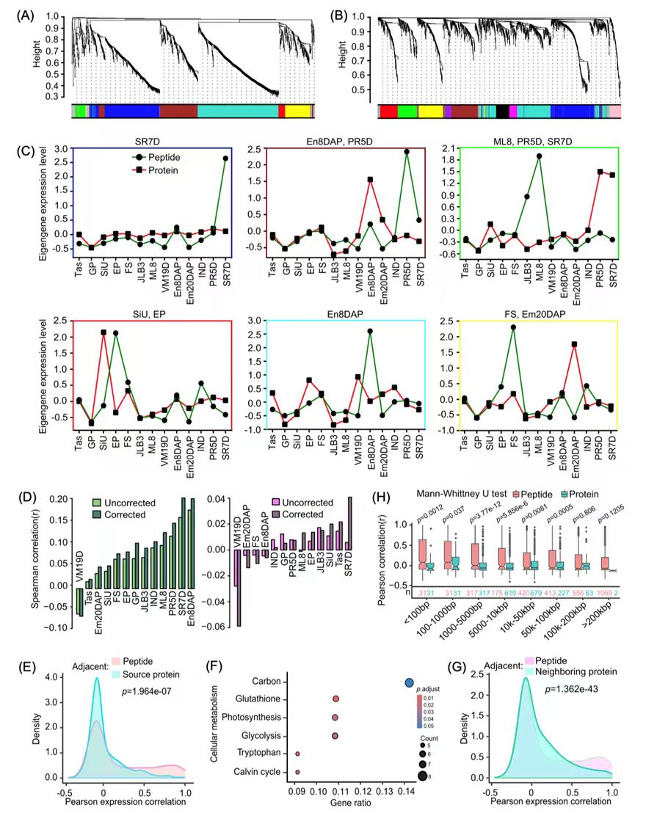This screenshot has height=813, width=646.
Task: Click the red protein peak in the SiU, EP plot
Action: pos(104,333)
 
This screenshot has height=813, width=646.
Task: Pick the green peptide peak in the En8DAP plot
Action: pos(370,332)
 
